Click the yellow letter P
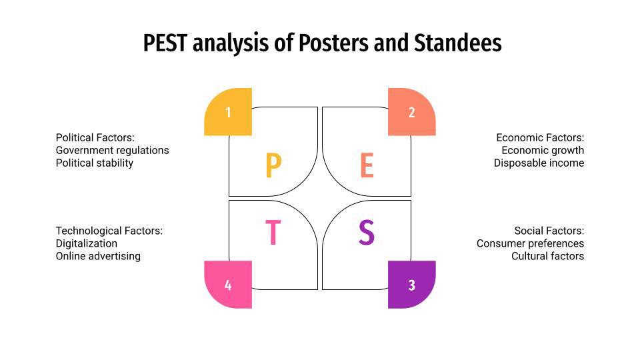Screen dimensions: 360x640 273,166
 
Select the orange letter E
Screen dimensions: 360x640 367,166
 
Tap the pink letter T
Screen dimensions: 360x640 273,233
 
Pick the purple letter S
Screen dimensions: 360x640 367,233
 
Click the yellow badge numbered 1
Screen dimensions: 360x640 228,112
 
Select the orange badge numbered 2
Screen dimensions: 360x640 411,112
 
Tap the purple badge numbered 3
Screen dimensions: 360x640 411,285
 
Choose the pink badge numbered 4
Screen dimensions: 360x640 228,285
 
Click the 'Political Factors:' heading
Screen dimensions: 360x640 95,137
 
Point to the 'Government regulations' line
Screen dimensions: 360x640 112,150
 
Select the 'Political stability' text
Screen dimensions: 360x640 95,163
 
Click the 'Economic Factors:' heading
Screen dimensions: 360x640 540,137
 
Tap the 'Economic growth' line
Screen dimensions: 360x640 543,150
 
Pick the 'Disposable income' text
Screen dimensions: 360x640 539,163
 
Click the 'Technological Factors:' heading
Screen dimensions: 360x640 109,231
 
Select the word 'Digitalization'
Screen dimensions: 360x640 87,243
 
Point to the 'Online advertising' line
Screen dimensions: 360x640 98,256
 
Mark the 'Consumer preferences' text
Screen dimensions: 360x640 530,243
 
